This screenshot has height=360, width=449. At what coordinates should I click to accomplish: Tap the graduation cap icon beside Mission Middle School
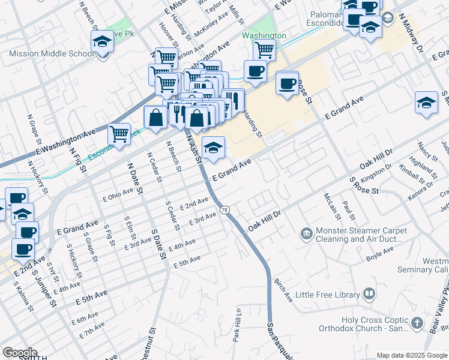coord(103,43)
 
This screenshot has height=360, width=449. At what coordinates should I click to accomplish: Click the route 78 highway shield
coord(224,210)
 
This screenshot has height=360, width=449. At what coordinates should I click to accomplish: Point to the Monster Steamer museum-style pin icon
coord(306,232)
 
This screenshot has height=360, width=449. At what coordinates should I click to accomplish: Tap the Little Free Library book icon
coord(369,295)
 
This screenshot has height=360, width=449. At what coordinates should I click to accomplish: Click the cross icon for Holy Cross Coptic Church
coord(417,323)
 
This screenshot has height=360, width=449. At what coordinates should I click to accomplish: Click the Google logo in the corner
coord(20,353)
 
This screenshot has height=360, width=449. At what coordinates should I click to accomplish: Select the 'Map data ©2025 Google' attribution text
coord(412,355)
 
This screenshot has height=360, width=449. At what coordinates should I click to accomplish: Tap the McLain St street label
coord(328,205)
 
